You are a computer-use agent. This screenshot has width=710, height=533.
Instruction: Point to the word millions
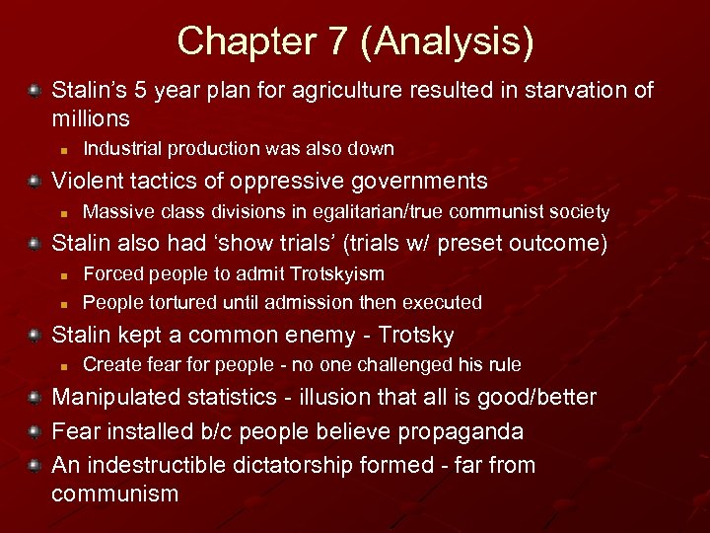click(91, 118)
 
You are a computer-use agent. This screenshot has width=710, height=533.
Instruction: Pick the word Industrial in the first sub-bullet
click(123, 149)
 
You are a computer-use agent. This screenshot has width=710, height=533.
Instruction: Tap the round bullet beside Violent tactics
click(35, 181)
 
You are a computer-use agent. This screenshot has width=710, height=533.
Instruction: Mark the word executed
click(443, 302)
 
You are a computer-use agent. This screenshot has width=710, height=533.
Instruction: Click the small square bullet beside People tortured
click(61, 303)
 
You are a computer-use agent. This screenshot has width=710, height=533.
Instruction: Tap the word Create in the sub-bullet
click(110, 365)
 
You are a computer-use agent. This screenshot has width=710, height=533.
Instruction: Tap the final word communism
click(114, 494)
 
